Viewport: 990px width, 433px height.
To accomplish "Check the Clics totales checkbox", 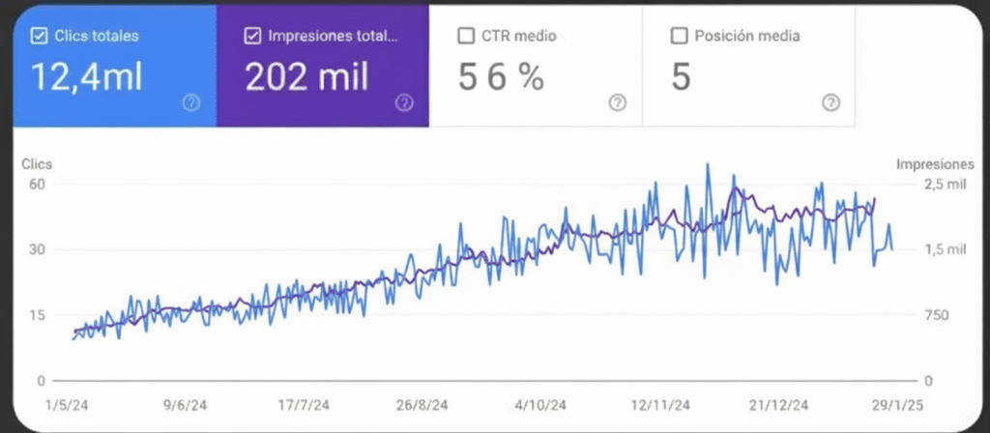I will tap(40, 36).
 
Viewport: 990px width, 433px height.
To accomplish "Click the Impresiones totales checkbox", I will tap(253, 36).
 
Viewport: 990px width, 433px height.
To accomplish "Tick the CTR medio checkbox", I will tap(466, 36).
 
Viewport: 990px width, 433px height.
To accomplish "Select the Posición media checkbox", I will tap(679, 36).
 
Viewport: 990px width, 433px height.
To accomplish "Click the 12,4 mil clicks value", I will tap(87, 77).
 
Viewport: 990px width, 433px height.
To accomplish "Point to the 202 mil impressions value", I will tap(306, 77).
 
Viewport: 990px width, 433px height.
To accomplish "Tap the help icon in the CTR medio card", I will tap(617, 102).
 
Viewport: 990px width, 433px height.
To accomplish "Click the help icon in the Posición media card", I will tap(830, 102).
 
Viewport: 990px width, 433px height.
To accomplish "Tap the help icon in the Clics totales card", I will tap(190, 102).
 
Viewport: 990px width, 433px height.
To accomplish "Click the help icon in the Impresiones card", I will tap(404, 102).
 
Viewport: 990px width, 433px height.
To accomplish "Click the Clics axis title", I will tap(37, 164).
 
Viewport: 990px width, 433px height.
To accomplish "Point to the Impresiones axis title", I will tap(935, 164).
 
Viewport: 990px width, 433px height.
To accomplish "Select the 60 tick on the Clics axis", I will tap(40, 184).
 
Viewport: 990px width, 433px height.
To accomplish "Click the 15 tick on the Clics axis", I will tap(40, 315).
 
